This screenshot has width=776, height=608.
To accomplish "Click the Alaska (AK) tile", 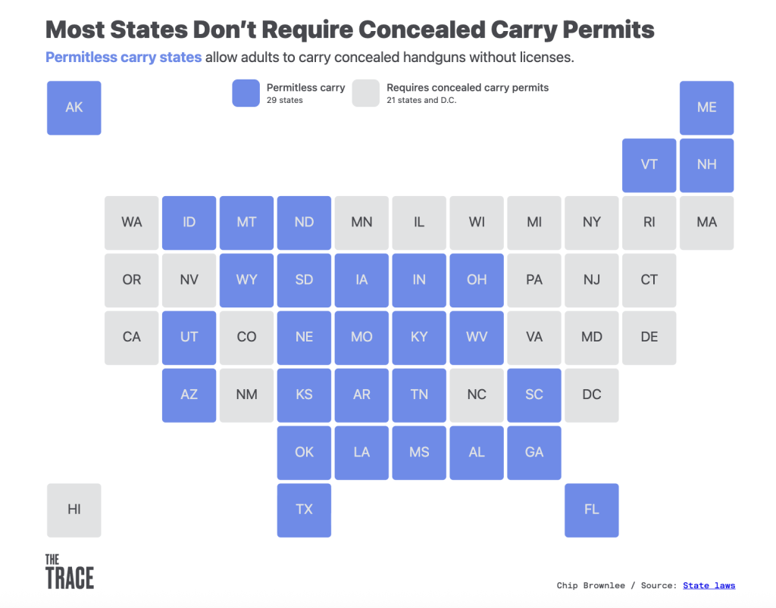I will click(74, 108).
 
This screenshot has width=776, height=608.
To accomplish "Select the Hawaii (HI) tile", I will click(74, 510).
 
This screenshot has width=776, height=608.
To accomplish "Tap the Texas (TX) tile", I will click(304, 510).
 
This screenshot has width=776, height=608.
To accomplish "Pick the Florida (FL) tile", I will click(592, 510).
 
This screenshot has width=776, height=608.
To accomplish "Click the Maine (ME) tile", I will click(707, 108).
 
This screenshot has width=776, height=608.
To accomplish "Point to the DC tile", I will click(592, 394).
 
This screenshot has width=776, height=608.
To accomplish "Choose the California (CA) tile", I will click(132, 337).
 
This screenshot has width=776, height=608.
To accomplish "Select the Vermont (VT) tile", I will click(649, 165).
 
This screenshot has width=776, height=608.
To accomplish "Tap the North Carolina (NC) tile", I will click(477, 394).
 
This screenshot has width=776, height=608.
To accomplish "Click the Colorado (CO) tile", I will click(247, 337).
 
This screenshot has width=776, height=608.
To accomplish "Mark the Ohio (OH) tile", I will click(477, 279).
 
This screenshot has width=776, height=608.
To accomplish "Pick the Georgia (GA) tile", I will click(534, 452).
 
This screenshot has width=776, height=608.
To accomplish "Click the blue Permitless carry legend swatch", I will click(246, 93).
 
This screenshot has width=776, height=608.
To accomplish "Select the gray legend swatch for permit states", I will click(366, 93).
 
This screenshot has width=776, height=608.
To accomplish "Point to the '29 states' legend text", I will click(285, 100).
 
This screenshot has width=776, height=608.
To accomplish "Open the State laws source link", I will click(709, 585).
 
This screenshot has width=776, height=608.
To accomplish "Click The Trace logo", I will click(69, 572).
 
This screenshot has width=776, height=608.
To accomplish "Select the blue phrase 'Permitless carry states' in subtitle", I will click(124, 58).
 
